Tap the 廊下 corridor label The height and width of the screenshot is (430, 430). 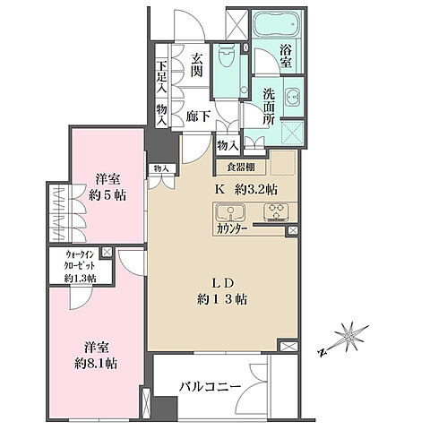[198, 114]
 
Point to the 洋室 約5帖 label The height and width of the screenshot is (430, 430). [107, 184]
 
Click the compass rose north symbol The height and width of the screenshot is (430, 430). [348, 338]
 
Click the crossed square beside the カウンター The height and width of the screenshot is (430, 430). [291, 231]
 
